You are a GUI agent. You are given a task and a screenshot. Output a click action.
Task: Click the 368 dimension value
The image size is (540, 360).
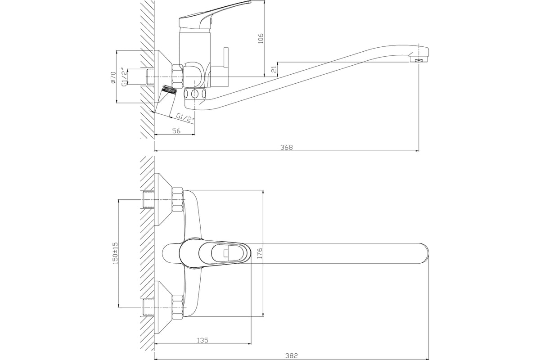click(x=287, y=147)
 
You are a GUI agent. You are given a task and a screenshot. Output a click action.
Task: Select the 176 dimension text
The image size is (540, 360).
click(x=259, y=253)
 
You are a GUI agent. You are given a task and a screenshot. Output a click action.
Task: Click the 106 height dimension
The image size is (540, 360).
click(x=260, y=39)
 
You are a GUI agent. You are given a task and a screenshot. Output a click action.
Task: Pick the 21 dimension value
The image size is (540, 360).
click(x=274, y=69)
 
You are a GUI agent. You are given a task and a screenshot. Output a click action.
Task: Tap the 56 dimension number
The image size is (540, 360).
click(x=176, y=130)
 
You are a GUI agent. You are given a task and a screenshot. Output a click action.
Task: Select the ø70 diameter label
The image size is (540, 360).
click(x=113, y=77)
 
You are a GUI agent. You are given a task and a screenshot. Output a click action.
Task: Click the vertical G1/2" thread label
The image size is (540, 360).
click(x=124, y=77)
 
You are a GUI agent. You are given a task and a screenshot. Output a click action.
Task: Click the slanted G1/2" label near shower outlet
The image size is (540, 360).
click(x=185, y=118)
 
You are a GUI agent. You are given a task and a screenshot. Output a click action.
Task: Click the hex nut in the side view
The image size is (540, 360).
click(x=177, y=76)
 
